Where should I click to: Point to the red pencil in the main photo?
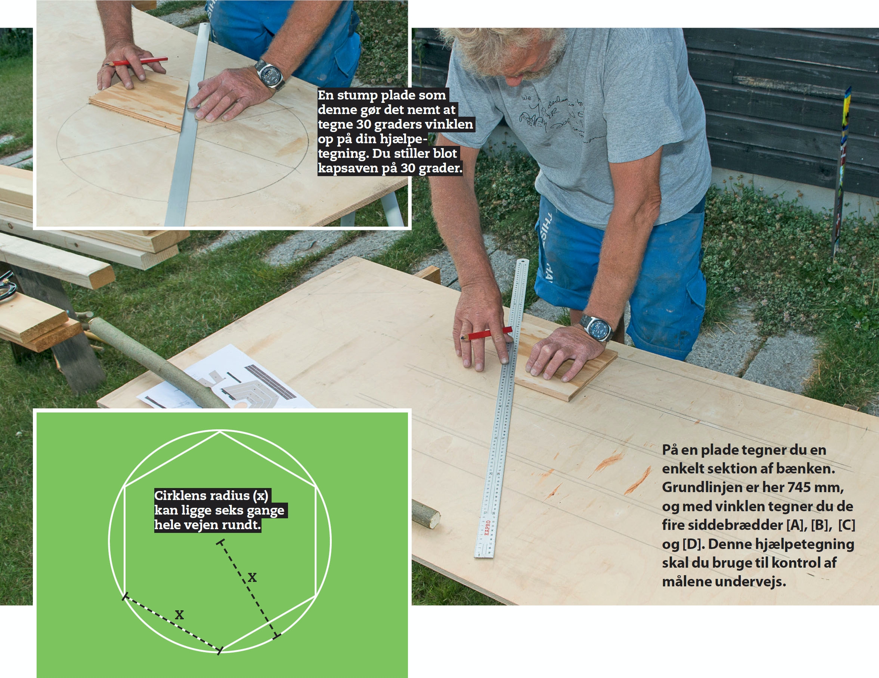[x=486, y=334]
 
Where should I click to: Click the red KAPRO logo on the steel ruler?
[x=487, y=527]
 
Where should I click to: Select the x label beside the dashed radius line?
[x=252, y=578]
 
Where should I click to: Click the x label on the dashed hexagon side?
[x=179, y=615]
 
